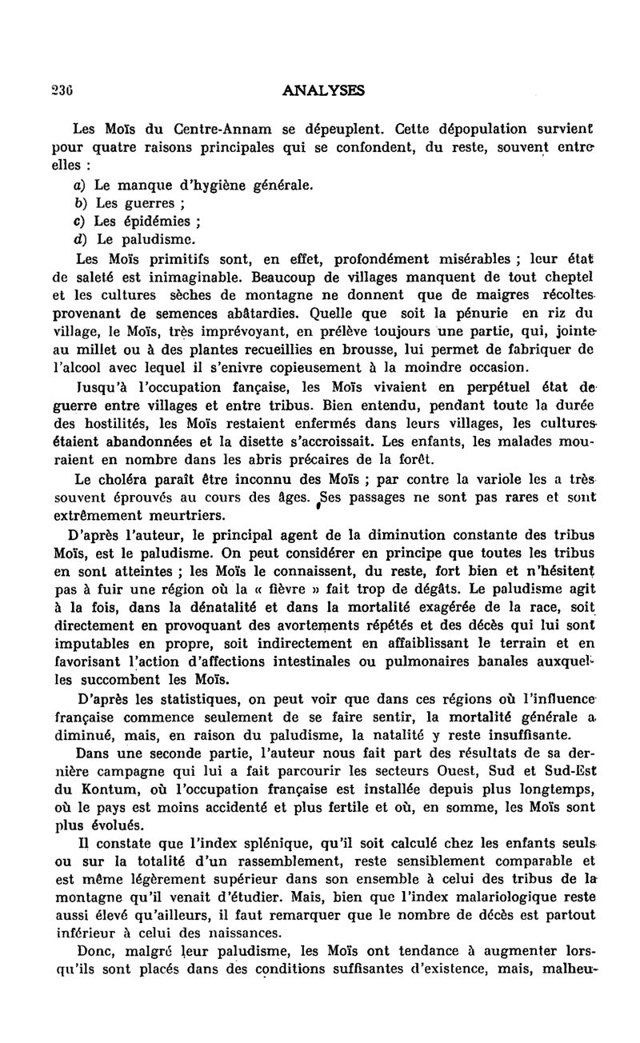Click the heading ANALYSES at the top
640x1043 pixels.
[324, 91]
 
